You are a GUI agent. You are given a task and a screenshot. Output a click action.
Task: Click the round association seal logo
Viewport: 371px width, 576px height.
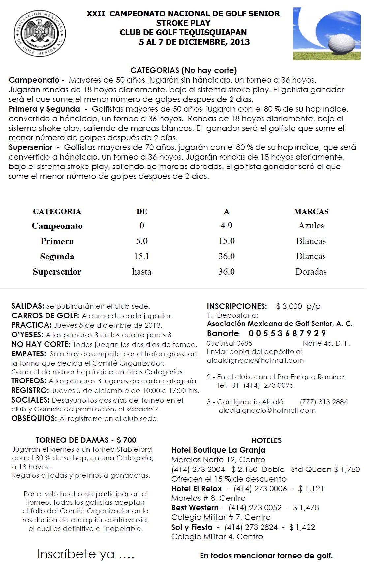tap(40, 33)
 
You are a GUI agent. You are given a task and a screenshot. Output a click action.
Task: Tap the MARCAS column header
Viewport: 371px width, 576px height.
tap(311, 211)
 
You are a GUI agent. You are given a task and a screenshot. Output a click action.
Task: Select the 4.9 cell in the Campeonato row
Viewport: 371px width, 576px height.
tap(227, 226)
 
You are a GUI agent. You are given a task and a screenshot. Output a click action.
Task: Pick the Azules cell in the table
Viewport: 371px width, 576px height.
tap(311, 226)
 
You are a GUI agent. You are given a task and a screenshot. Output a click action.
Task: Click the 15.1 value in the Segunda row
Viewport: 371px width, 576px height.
tap(142, 256)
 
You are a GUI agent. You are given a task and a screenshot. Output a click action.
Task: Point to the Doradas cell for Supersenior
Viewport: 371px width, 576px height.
tap(311, 272)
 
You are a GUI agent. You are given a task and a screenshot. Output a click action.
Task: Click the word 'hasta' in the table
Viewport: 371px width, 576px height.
tap(142, 272)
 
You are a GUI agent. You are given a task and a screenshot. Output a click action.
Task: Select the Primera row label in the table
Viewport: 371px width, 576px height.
tap(57, 241)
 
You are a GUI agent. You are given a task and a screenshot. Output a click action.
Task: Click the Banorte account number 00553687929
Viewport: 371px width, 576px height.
tap(287, 333)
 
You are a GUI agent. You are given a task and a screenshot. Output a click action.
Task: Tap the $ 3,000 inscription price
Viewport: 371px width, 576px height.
tap(289, 306)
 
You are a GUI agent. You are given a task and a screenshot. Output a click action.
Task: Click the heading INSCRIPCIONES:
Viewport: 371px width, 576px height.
tap(237, 306)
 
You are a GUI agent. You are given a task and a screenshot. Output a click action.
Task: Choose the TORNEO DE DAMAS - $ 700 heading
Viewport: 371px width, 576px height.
tap(86, 440)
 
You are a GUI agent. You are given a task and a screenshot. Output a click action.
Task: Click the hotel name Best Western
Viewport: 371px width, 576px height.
tap(195, 508)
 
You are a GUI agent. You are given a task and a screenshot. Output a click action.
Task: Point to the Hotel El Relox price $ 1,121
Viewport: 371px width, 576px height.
tap(311, 489)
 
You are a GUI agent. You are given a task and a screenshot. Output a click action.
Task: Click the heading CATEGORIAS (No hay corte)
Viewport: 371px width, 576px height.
tap(184, 70)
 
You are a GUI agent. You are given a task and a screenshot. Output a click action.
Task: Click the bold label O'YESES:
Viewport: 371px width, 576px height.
tap(27, 335)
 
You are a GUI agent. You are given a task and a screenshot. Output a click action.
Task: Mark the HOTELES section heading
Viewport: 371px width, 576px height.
tap(266, 440)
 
